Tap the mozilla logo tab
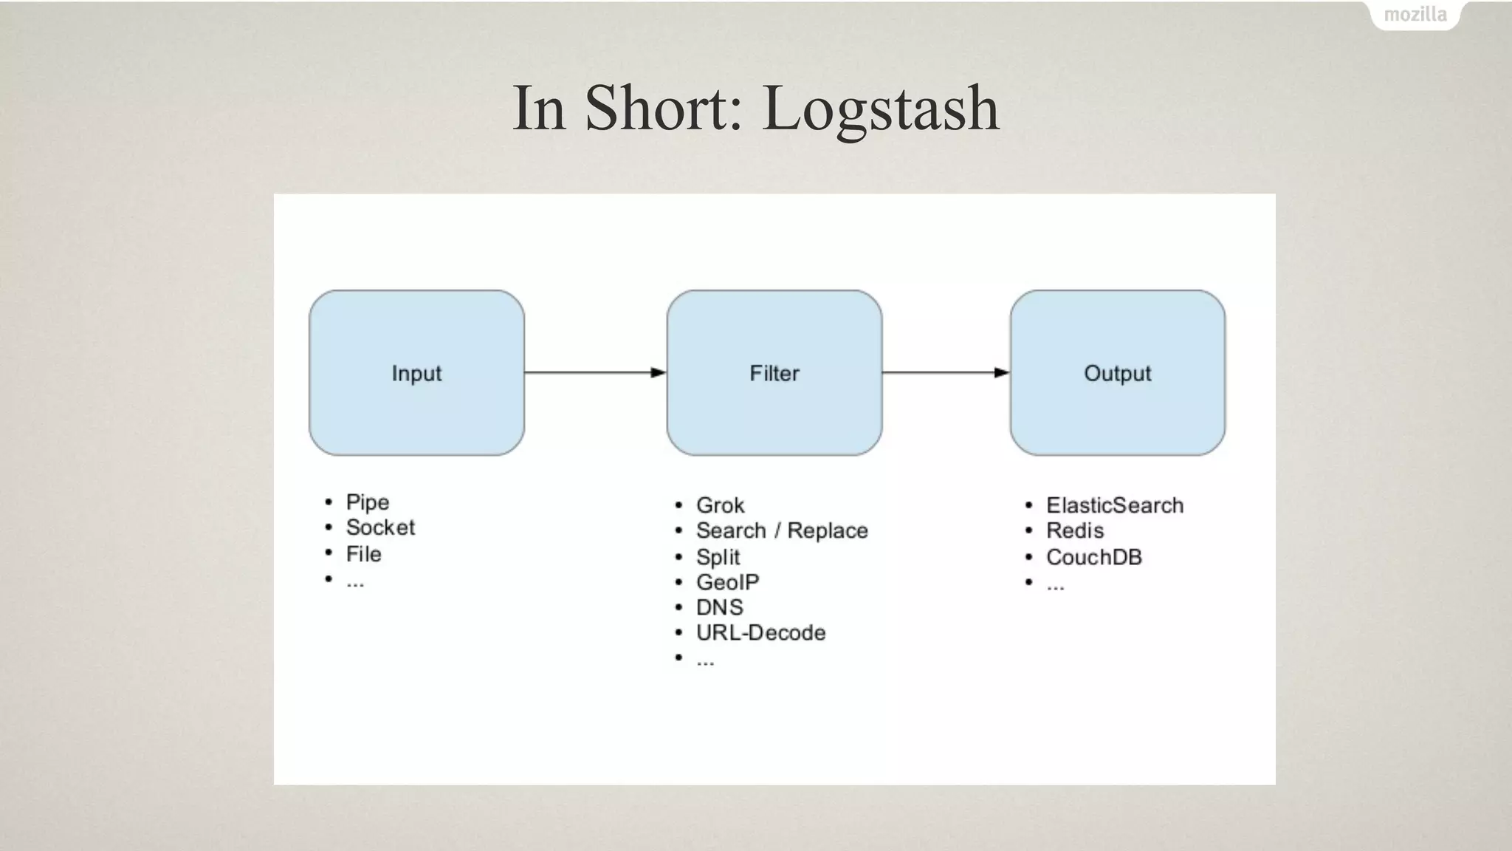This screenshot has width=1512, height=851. click(x=1415, y=15)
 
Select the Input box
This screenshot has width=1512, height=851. click(x=416, y=373)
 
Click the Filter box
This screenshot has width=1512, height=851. click(x=774, y=373)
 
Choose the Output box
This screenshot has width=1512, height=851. click(x=1117, y=373)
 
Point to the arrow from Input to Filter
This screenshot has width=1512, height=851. click(x=595, y=372)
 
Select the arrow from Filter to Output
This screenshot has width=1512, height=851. click(x=946, y=372)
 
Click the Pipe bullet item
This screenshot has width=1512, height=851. click(x=367, y=502)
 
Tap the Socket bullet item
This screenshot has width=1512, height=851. click(x=380, y=527)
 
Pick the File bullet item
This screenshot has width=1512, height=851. click(x=363, y=554)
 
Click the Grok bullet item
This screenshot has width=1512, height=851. click(x=720, y=505)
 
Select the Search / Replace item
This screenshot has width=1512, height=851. click(x=782, y=530)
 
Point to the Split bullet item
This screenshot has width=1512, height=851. click(x=718, y=557)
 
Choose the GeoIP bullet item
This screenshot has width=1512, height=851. click(x=727, y=582)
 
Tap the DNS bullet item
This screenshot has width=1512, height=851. click(x=719, y=607)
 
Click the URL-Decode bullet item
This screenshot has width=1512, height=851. click(x=760, y=632)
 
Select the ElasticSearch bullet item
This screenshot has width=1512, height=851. click(x=1115, y=505)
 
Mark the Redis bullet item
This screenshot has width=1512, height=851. click(x=1075, y=530)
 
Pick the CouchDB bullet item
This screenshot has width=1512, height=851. click(x=1094, y=557)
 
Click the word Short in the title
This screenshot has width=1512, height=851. click(x=663, y=109)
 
